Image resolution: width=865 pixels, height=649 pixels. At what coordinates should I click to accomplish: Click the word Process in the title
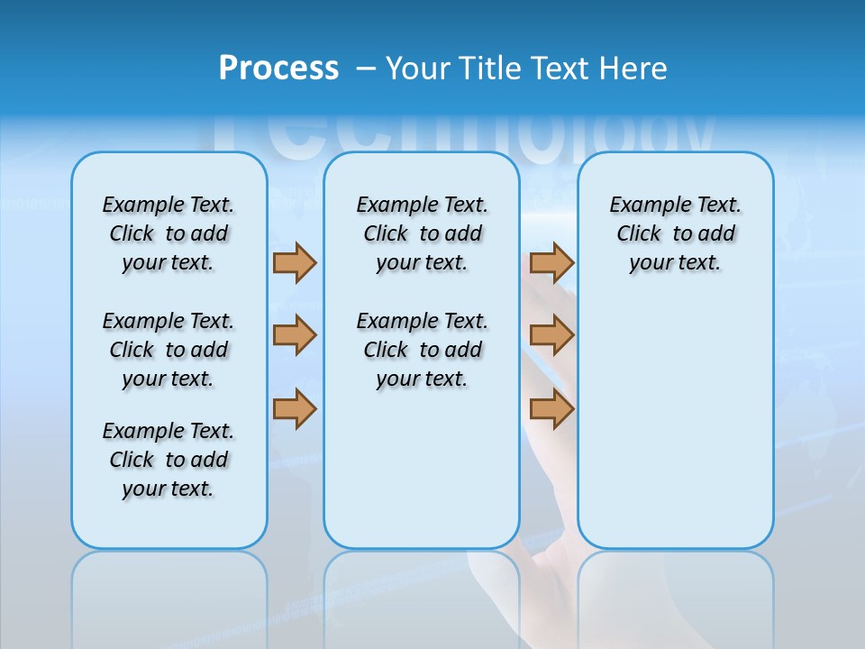point(278,69)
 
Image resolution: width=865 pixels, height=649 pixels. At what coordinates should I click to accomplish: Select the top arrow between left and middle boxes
point(295,263)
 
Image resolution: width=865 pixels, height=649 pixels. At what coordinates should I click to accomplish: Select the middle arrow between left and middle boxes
point(295,335)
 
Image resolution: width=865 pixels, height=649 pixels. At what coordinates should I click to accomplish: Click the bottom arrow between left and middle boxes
point(295,409)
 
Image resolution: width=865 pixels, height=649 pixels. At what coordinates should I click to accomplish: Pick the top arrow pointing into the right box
point(551,263)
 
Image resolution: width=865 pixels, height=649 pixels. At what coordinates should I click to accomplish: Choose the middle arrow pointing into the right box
point(551,335)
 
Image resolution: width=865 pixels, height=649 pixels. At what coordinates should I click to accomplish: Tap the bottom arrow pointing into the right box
point(551,409)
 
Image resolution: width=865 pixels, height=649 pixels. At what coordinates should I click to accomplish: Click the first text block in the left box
point(168,233)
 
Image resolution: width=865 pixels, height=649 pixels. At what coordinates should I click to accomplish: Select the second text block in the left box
point(168,350)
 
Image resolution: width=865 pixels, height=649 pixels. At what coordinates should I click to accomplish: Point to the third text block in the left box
point(168,460)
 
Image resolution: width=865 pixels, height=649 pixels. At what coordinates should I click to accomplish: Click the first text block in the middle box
point(422,233)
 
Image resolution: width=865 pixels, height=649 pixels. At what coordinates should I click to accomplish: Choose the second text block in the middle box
point(422,350)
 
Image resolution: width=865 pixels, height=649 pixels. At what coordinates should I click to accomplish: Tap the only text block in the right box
point(675,233)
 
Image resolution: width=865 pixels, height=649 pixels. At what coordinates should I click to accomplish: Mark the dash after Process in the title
point(366,69)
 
